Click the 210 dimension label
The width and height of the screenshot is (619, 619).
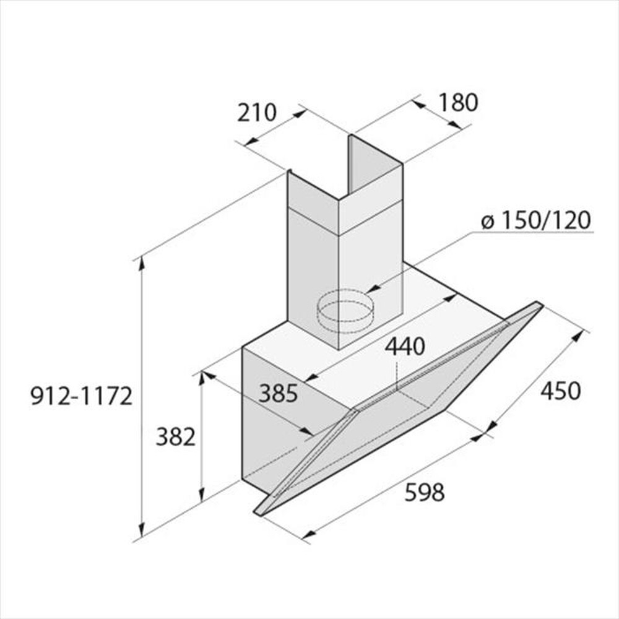(x=257, y=113)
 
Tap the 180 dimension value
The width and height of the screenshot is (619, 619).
(x=458, y=103)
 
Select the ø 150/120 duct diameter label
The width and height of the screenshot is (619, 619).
(x=535, y=220)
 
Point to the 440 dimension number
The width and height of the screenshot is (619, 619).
(x=405, y=347)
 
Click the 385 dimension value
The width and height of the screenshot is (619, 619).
(x=278, y=393)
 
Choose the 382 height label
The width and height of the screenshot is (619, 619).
(x=176, y=437)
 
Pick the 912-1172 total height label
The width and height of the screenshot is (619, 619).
(x=81, y=396)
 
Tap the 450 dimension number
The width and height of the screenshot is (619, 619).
(x=561, y=391)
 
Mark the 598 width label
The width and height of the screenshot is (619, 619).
(x=425, y=492)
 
